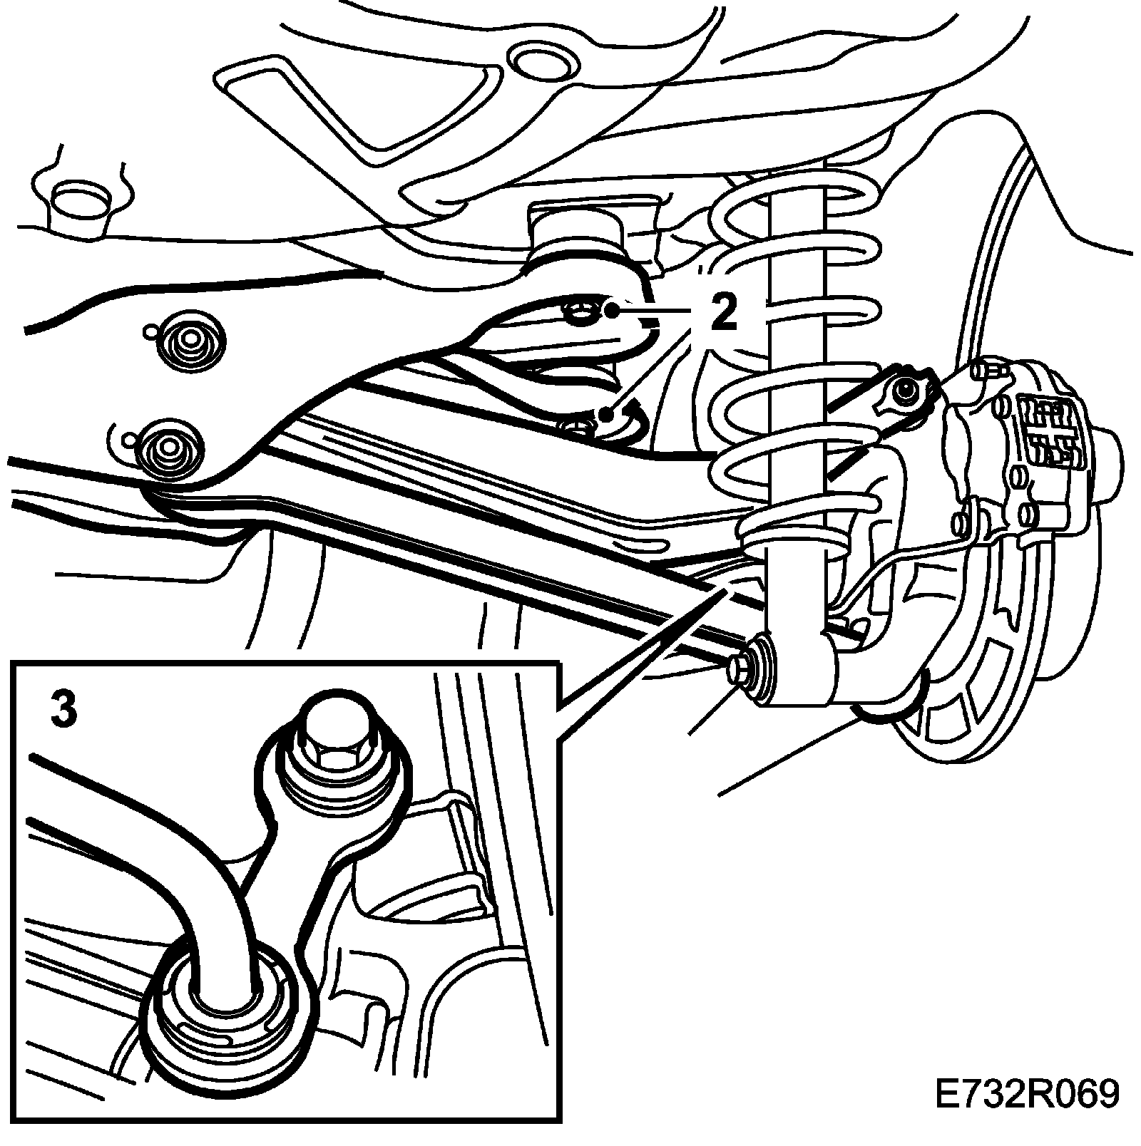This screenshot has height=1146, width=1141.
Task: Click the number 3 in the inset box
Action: [x=63, y=711]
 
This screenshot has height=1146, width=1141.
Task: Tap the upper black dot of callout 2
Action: [x=612, y=310]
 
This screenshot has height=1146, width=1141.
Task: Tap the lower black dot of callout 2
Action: [x=606, y=414]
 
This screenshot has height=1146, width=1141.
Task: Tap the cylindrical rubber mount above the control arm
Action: [x=576, y=239]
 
